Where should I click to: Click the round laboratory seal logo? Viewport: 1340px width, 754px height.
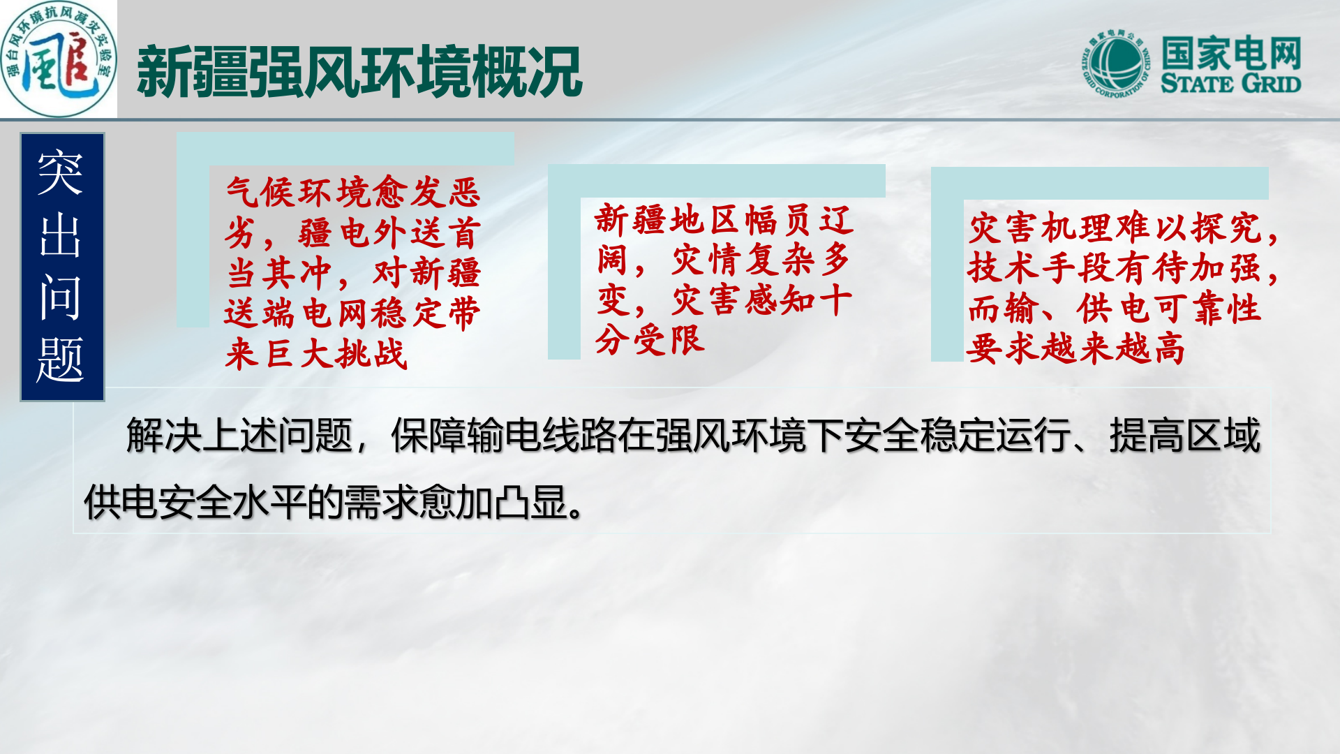[59, 59]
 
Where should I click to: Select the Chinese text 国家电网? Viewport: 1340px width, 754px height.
[1231, 53]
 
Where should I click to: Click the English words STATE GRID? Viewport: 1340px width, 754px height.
[1230, 84]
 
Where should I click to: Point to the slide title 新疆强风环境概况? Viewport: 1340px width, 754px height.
[359, 72]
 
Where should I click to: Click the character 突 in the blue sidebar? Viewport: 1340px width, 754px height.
[61, 173]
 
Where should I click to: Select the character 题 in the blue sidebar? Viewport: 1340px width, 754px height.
[61, 359]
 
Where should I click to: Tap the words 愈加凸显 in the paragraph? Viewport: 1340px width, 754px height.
[492, 502]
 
